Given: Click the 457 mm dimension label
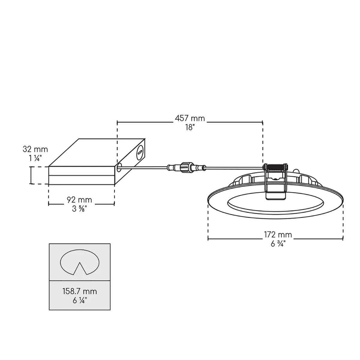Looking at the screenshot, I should pos(190,118).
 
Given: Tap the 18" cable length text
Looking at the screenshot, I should pos(190,127).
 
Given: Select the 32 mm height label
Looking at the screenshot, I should pos(35,149).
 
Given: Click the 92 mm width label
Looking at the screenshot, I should pos(79,200).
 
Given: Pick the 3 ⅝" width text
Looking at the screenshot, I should pos(79,209).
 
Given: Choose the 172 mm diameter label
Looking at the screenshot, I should pos(277,235).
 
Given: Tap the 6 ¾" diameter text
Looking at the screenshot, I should pos(277,244).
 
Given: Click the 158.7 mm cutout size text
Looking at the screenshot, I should pos(79,291).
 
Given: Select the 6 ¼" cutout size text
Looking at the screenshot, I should pos(79,301).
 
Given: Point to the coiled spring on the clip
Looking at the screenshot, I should pos(275,167).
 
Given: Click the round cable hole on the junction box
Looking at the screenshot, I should pos(119,167).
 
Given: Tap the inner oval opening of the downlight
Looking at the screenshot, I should pos(275,206).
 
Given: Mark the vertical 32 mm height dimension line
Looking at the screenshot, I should pos(31,175).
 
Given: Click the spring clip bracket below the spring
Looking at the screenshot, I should pos(275,186).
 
